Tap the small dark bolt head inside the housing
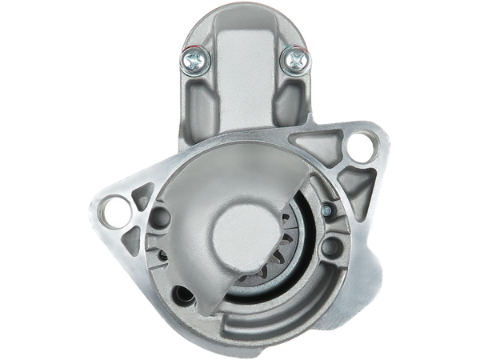coord(327,211)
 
